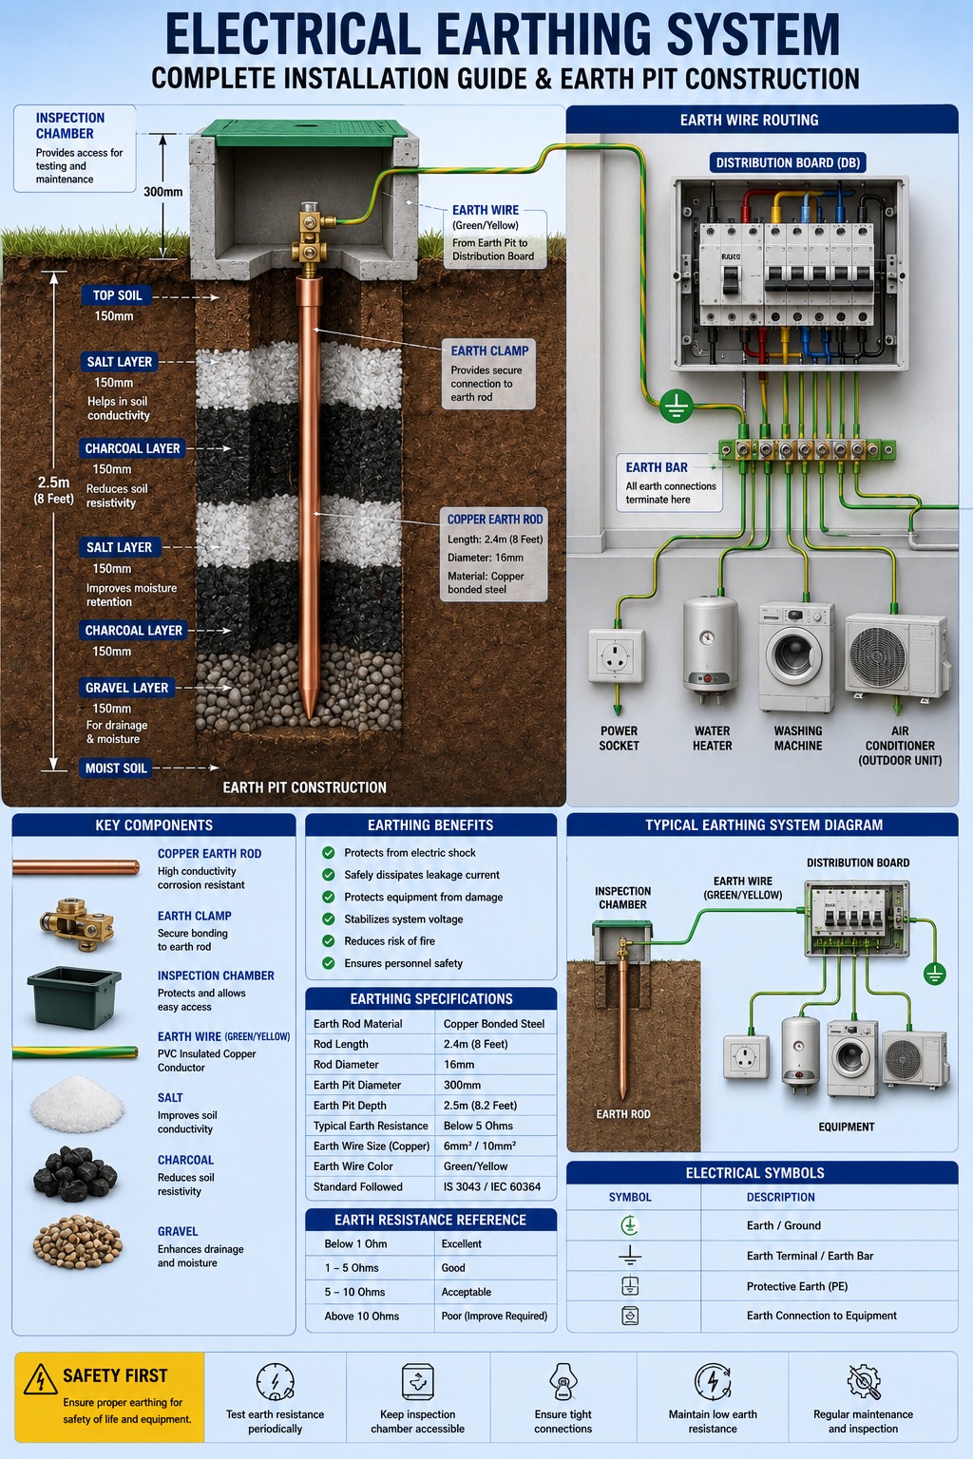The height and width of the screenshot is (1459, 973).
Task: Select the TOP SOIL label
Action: (x=117, y=295)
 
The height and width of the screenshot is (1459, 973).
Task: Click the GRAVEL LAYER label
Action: (x=126, y=687)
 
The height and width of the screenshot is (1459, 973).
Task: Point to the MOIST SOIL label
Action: (x=115, y=767)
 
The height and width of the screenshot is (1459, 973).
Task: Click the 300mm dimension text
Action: (x=162, y=192)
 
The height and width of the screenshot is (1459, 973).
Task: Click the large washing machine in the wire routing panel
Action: (x=796, y=656)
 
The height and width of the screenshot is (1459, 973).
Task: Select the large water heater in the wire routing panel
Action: (x=711, y=648)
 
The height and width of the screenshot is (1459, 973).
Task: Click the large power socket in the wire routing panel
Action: (x=616, y=655)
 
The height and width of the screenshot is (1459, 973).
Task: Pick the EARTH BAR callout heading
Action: (x=657, y=467)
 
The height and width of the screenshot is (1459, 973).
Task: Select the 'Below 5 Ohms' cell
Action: (x=478, y=1126)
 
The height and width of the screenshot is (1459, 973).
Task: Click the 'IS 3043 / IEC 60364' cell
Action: (x=492, y=1186)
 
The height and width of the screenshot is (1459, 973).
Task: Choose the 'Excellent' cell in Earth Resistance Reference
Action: (x=462, y=1243)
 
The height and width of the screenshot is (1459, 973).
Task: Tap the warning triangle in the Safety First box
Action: (x=40, y=1379)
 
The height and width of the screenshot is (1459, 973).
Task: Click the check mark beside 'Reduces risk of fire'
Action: (x=329, y=941)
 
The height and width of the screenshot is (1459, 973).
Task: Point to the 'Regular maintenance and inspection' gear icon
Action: (x=864, y=1381)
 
